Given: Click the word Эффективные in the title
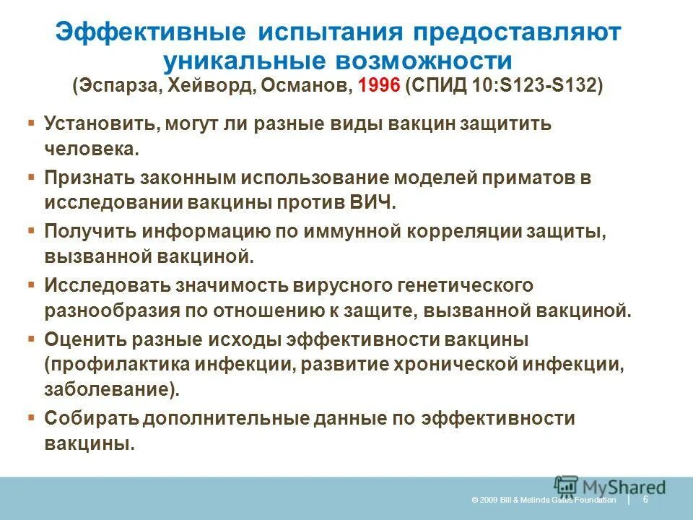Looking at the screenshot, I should (x=148, y=32).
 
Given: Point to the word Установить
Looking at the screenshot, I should (x=102, y=123).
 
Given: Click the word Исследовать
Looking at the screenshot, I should (x=107, y=284).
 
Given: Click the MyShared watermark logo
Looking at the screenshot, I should (x=610, y=487).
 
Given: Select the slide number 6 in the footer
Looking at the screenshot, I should (x=645, y=499).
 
